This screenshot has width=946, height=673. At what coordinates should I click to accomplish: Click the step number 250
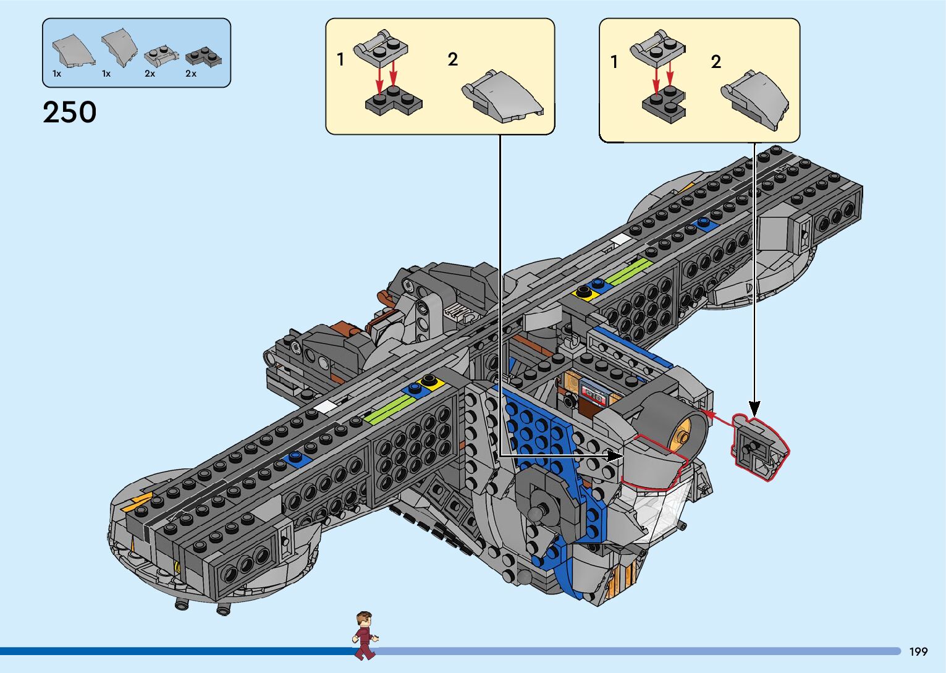(69, 112)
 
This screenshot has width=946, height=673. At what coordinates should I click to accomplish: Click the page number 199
(918, 651)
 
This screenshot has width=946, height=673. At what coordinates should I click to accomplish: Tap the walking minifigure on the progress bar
(365, 635)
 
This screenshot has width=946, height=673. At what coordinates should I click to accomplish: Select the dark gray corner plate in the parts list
(204, 56)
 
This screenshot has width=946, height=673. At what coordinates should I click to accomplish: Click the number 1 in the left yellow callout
(340, 59)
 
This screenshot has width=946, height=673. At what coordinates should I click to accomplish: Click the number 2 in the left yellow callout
(453, 59)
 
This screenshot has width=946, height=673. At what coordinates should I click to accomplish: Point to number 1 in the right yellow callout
(614, 62)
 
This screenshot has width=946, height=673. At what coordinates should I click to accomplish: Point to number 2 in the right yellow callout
(716, 62)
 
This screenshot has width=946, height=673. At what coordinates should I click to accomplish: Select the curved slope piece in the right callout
(756, 98)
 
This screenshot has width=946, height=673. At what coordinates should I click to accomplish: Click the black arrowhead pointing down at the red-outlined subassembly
(754, 408)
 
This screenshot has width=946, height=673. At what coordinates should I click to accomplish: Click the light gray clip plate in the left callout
(380, 47)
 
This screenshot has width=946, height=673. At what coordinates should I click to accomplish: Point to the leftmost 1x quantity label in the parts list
(57, 74)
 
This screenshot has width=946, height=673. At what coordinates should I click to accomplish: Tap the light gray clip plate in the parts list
(160, 56)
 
